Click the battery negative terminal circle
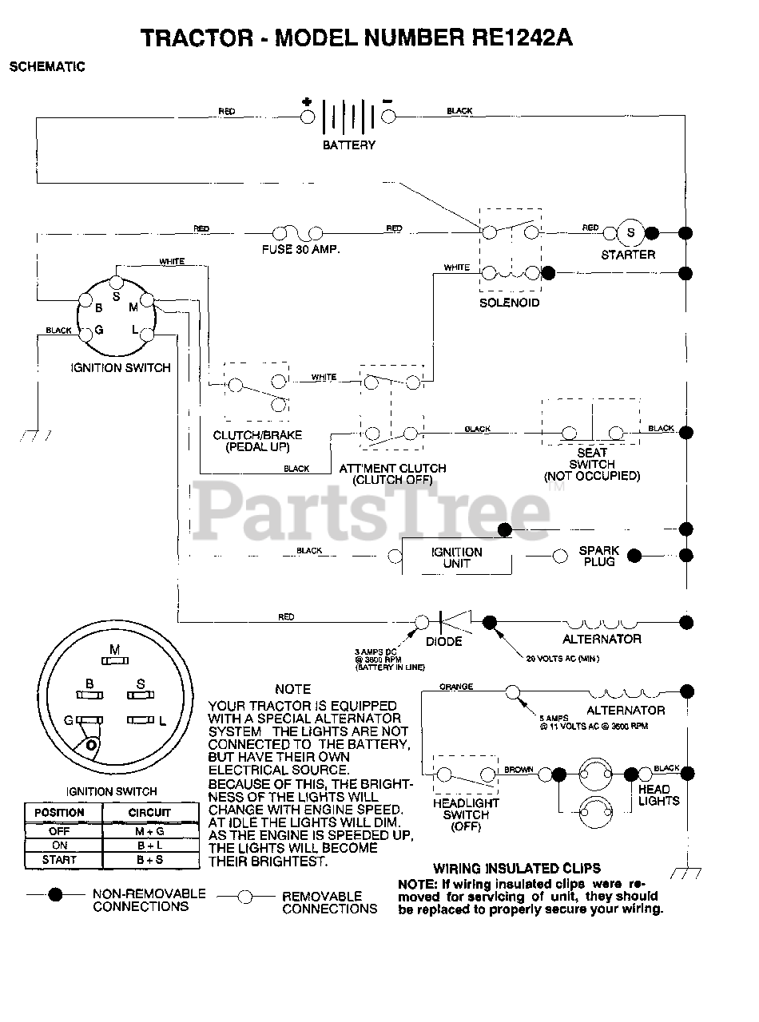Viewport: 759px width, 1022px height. [389, 117]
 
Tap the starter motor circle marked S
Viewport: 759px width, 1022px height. [630, 233]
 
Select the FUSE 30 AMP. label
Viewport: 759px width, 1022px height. [300, 250]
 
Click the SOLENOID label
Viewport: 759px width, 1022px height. [509, 303]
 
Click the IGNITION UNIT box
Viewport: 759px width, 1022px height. [456, 557]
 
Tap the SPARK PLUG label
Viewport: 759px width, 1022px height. [599, 557]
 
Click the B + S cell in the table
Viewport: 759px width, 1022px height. [149, 860]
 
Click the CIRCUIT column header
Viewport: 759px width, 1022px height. [149, 813]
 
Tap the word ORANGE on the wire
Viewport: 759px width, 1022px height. [455, 687]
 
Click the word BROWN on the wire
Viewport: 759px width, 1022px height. [519, 770]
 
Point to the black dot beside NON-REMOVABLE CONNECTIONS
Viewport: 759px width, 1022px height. [55, 895]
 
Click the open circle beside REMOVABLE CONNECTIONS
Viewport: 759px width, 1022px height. [245, 897]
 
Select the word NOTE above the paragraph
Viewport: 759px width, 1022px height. [292, 689]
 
